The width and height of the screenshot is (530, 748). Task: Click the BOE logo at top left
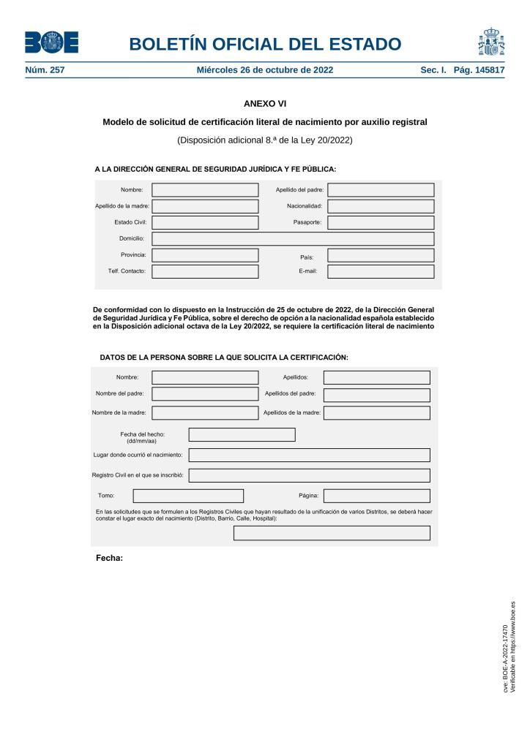[51, 42]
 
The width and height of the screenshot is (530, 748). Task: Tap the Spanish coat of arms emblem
[491, 42]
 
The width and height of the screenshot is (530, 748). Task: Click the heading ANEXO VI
[264, 104]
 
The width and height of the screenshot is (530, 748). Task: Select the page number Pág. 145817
[479, 70]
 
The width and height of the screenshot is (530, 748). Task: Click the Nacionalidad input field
[381, 206]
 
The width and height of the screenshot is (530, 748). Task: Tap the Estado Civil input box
[205, 222]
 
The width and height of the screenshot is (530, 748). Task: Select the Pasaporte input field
[381, 222]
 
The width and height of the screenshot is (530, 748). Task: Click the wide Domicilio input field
[293, 238]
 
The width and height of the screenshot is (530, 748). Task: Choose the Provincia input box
[205, 255]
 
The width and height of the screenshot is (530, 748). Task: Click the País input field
[381, 255]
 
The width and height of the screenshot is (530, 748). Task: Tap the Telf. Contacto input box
[205, 271]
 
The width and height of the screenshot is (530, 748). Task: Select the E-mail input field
[381, 271]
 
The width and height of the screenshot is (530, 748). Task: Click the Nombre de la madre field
[205, 412]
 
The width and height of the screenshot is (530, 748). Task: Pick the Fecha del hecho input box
[242, 434]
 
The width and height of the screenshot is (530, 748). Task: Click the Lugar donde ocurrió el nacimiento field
[309, 455]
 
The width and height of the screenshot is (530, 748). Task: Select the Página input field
[376, 496]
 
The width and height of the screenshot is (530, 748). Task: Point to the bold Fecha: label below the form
[109, 559]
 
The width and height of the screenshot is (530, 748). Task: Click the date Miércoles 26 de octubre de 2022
[265, 70]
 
